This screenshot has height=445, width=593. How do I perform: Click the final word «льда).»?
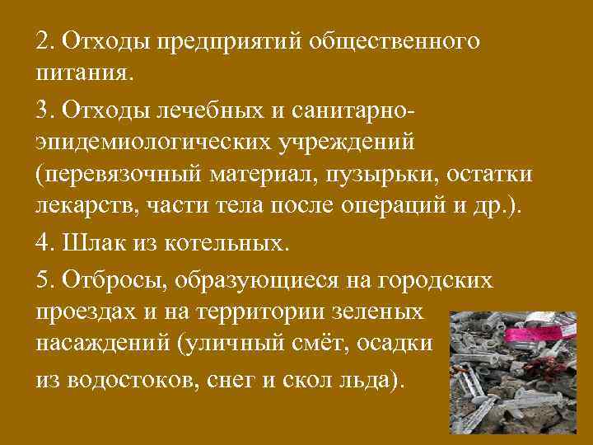(x=374, y=379)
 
